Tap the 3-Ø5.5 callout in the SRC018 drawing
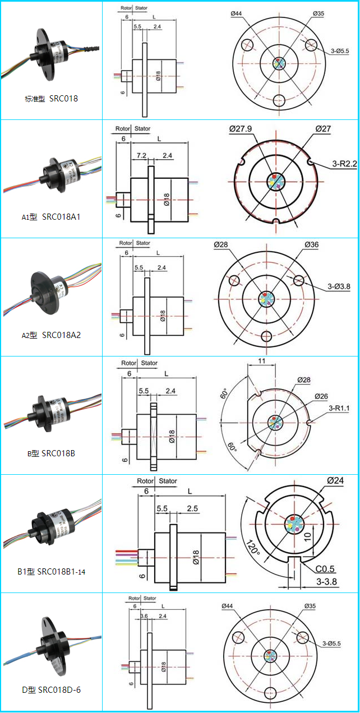point(340,50)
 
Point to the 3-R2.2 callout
point(344,164)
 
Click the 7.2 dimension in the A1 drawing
point(141,155)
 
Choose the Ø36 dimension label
point(312,244)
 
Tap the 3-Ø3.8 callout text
point(339,286)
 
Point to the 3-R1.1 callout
point(339,408)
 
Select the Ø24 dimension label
point(335,480)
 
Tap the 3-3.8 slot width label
point(326,582)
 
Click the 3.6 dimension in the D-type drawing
point(144,616)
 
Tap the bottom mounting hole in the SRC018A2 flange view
point(266,336)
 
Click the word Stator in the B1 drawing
point(168,481)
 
